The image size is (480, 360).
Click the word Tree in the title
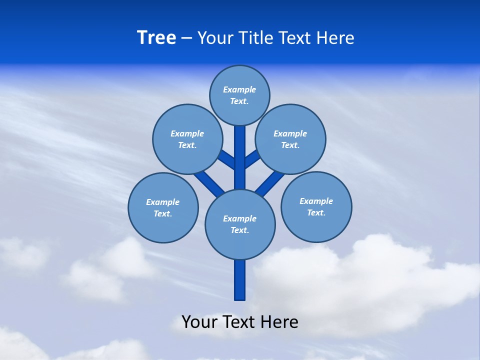coord(156,37)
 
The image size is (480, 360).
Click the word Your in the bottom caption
coord(199,321)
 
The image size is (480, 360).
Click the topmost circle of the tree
coord(239,95)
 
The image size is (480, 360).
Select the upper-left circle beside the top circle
coord(187,139)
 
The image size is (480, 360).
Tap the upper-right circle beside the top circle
coord(290,139)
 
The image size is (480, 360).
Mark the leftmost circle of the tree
coord(163,207)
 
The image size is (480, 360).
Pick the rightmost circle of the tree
coord(316,206)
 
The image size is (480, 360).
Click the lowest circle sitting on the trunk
coord(240,224)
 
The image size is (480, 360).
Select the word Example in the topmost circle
coord(239,89)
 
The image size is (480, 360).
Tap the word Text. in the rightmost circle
coord(316,212)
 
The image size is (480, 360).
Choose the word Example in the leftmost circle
coord(162,202)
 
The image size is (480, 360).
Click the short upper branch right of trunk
coord(251,159)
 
